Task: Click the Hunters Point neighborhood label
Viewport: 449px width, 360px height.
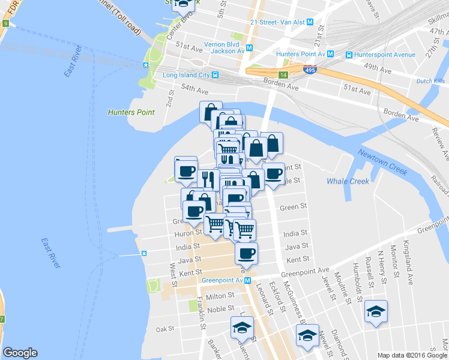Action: pos(131,112)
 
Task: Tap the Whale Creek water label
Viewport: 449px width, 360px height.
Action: pos(348,181)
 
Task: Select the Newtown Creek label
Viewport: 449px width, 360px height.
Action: pos(382,161)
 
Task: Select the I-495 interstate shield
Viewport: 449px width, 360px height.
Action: pos(310,70)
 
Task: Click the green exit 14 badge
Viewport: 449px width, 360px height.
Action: pos(283,75)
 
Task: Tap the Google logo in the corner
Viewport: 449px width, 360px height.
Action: pos(20,353)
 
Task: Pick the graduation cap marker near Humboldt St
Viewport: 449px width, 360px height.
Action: pos(376,311)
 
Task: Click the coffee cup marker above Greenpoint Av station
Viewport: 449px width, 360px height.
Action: pos(246,253)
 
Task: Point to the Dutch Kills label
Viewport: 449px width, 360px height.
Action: pos(430,80)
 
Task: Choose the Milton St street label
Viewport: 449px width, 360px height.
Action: pos(220,296)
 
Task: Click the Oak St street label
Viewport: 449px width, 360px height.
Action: pos(164,329)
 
